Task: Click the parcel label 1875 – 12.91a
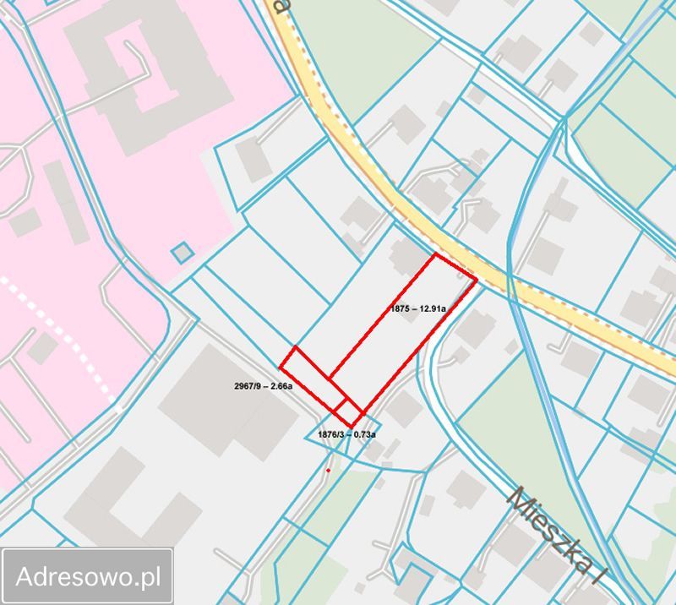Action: click(418, 309)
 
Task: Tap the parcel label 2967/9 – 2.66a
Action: click(263, 386)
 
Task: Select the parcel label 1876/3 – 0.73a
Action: click(346, 434)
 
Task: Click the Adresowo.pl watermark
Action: click(89, 577)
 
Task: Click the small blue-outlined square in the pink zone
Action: click(181, 252)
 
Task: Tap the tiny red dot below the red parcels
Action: click(328, 470)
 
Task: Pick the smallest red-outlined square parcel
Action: click(349, 412)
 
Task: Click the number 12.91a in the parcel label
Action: click(432, 309)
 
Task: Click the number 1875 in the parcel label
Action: click(401, 309)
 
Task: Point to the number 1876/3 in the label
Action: click(330, 434)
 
